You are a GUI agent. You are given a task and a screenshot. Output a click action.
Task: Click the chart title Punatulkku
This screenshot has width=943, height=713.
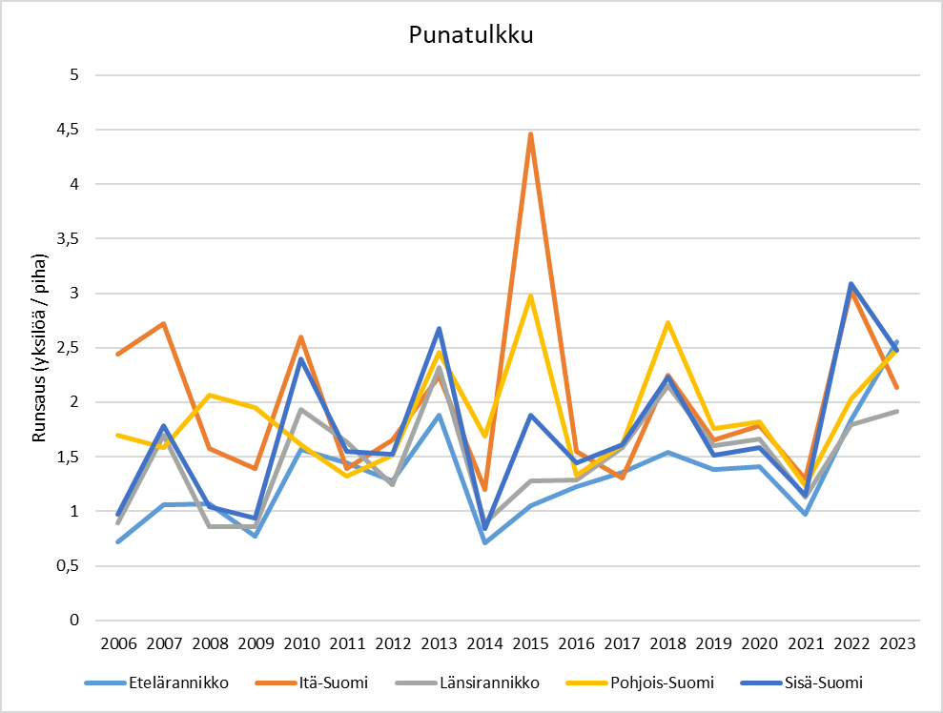470,35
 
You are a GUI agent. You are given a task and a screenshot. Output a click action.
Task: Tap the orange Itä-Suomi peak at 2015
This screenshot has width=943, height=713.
530,134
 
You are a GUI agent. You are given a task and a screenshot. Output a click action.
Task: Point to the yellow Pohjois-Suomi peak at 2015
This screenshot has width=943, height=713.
530,296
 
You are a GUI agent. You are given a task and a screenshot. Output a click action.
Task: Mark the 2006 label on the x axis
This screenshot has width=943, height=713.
118,643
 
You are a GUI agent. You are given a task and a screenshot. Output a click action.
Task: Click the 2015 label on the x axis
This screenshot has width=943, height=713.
530,643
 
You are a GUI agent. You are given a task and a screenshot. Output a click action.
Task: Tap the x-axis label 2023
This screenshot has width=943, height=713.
896,643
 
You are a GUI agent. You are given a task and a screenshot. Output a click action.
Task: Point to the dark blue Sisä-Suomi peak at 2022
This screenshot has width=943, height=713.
851,284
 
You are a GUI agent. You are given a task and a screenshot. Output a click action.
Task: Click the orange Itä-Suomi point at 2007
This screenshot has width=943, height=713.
164,324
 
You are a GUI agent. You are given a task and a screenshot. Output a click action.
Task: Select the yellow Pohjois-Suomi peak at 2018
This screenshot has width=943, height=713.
667,323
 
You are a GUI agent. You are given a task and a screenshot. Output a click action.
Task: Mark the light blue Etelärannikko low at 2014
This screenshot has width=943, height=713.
484,542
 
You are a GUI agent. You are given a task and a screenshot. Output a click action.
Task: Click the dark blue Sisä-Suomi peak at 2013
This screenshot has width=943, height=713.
439,329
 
